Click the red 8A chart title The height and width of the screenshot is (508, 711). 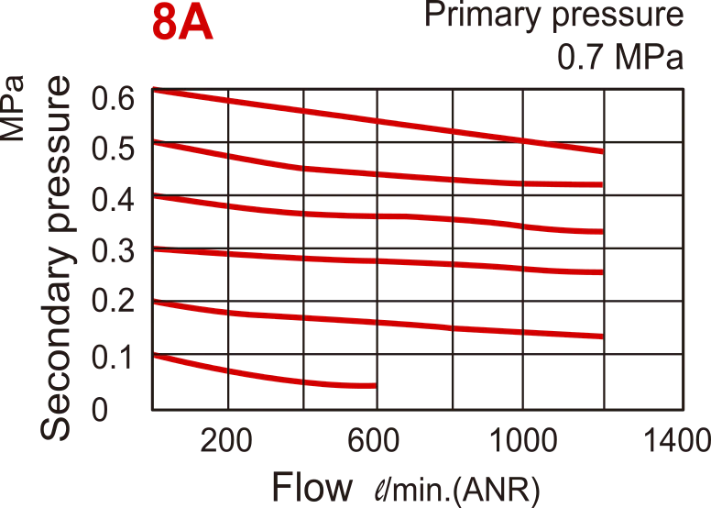click(x=182, y=25)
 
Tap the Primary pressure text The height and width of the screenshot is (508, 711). click(x=555, y=16)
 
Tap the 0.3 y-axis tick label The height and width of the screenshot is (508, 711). click(x=111, y=250)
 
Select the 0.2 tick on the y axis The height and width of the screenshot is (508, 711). click(x=111, y=303)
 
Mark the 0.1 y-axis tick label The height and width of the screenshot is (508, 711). click(x=111, y=355)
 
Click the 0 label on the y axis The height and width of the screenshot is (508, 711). click(x=101, y=406)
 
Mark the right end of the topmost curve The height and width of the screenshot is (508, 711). click(x=602, y=151)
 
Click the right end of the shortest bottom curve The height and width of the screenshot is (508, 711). click(x=375, y=385)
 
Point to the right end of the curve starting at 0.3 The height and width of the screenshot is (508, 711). click(x=602, y=272)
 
